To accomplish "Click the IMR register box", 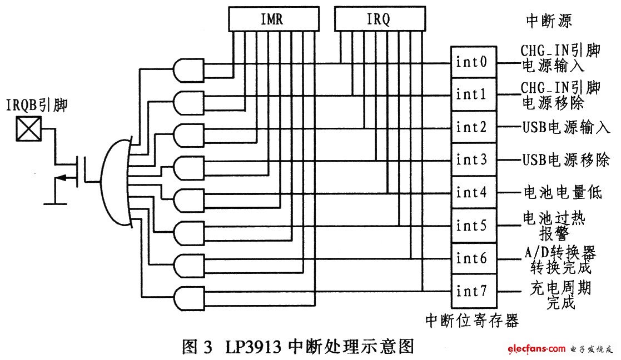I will click(x=272, y=19).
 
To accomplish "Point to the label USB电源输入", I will click(x=565, y=128).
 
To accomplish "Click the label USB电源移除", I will click(x=565, y=160).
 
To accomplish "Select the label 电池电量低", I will click(x=562, y=193).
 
